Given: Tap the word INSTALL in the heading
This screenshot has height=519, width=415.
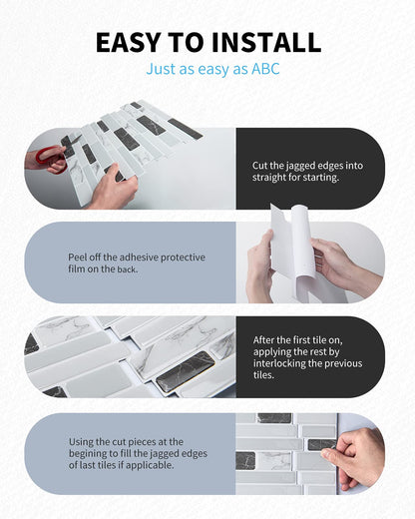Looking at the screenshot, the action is pyautogui.click(x=266, y=42).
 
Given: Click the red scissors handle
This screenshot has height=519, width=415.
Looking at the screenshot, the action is pyautogui.click(x=51, y=157).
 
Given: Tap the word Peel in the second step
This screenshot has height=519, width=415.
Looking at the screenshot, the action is pyautogui.click(x=76, y=258).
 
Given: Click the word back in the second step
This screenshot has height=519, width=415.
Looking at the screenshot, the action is pyautogui.click(x=127, y=269).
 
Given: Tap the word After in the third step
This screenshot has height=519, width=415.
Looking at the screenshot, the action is pyautogui.click(x=263, y=340).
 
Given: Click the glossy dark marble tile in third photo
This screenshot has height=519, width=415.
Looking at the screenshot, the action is pyautogui.click(x=185, y=370).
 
